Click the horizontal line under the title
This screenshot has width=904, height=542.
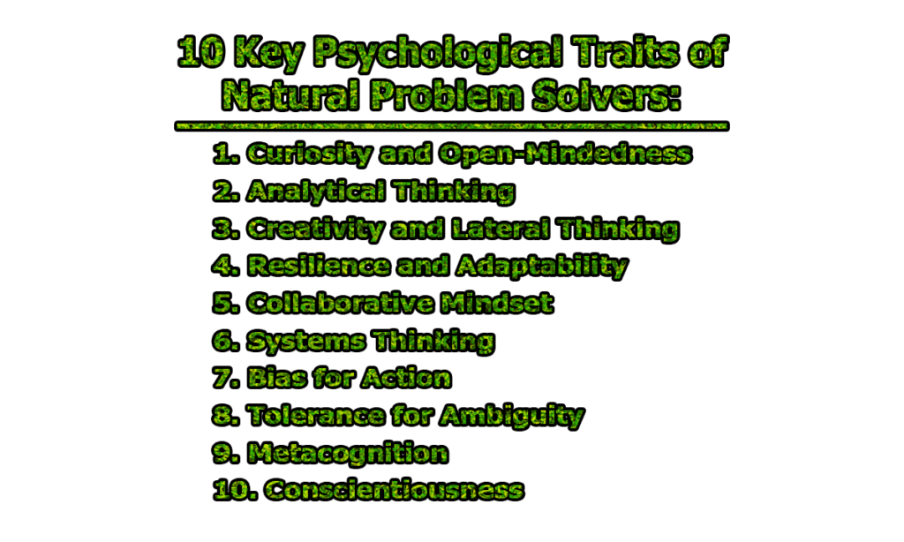click(x=451, y=126)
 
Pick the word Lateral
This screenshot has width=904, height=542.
click(x=490, y=229)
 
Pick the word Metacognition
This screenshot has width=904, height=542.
click(x=347, y=453)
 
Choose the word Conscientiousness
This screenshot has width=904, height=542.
click(x=394, y=490)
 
